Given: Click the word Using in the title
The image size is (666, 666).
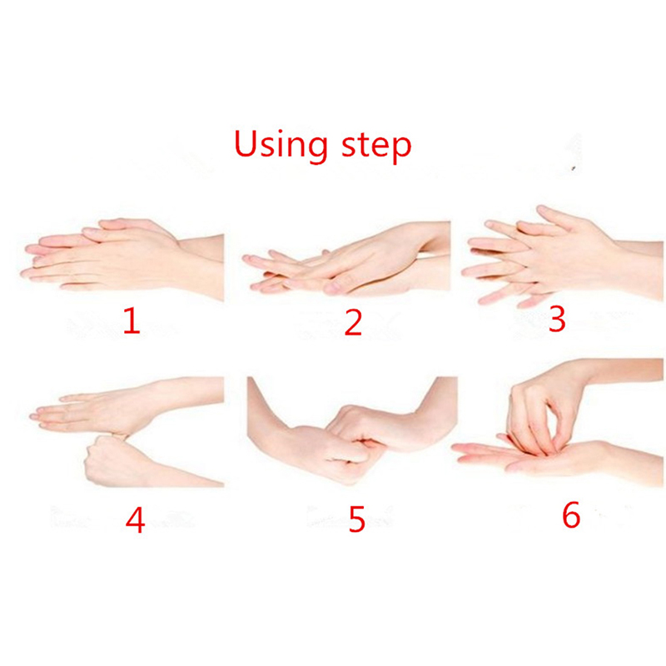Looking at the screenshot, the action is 281,145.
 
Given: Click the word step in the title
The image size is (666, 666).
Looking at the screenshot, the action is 376,147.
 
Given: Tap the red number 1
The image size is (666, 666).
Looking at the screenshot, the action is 132,321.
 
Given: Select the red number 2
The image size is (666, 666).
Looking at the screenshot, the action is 353,323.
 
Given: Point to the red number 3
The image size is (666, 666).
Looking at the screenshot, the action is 557,319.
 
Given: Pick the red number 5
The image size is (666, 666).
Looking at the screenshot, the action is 357,519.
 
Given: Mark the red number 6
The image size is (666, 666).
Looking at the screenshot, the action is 571,514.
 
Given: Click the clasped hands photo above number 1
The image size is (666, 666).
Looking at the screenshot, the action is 122,258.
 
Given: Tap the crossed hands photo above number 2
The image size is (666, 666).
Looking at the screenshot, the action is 346,259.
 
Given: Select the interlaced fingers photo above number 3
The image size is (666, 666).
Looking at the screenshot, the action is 563,257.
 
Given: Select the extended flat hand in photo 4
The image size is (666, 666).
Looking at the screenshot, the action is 107,410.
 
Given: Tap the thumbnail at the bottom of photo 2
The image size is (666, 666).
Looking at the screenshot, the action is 335,288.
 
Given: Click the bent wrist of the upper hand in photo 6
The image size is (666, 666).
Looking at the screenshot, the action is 579,374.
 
